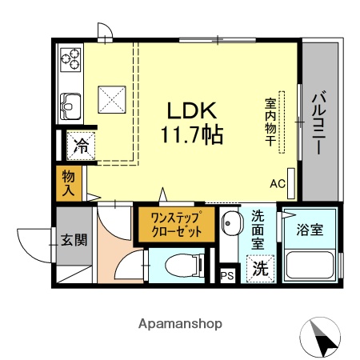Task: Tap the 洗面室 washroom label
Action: point(258,228)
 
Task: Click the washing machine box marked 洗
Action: point(260,270)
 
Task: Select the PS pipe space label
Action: point(227,276)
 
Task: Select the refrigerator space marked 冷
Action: point(82,146)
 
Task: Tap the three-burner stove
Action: point(70,58)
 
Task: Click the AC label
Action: point(278,183)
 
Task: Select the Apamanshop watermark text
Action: point(180,324)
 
